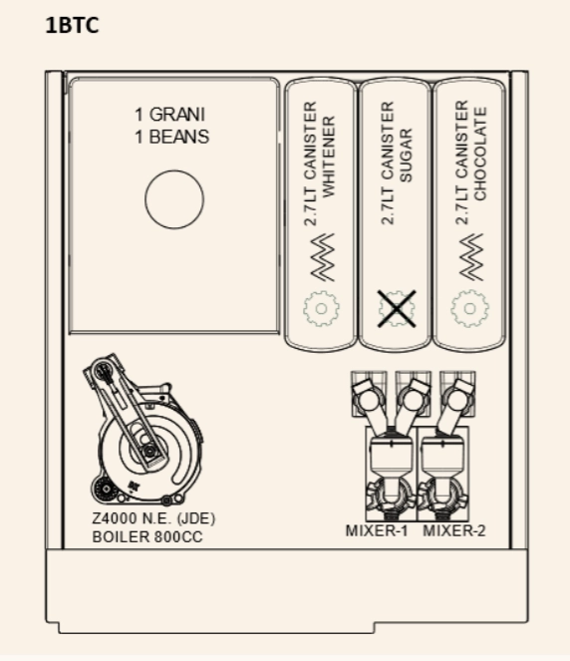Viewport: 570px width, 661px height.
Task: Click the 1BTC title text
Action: tap(72, 25)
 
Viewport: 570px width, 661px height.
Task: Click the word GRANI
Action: tap(177, 115)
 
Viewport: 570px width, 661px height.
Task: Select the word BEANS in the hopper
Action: tap(179, 137)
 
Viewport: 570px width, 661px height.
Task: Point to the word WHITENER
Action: tap(328, 157)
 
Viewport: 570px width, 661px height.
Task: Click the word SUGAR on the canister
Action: tap(405, 156)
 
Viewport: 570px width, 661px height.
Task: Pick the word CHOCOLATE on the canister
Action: tap(480, 154)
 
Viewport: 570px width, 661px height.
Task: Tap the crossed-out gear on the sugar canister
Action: tap(397, 309)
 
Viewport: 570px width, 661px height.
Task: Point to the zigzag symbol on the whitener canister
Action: tap(323, 257)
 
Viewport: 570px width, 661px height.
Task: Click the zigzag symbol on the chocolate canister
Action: tap(471, 257)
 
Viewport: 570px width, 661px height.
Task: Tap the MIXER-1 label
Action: tap(377, 530)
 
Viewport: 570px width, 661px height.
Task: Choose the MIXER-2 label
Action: tap(454, 530)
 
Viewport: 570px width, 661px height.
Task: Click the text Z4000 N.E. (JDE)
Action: tap(153, 518)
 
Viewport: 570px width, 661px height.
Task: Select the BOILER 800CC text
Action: tap(147, 537)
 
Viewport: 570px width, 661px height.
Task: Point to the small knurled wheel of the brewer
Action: tap(104, 489)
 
